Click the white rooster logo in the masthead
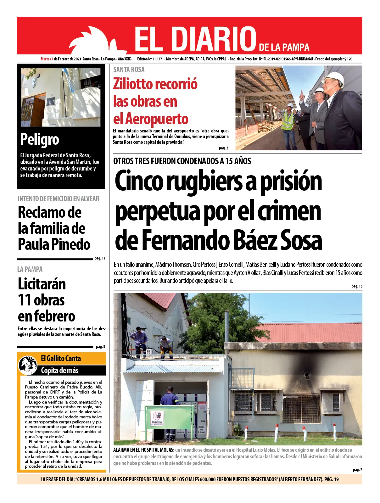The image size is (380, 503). (x=94, y=41)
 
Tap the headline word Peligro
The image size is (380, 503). (x=40, y=139)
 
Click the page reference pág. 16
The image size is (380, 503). (x=357, y=286)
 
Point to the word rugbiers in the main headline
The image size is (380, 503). (x=204, y=181)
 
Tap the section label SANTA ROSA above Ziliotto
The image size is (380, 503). (x=129, y=70)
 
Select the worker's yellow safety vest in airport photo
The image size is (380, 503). (x=287, y=121)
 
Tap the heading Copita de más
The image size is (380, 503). (x=60, y=371)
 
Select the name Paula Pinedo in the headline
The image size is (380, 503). (x=54, y=244)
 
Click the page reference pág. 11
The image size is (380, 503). (x=100, y=258)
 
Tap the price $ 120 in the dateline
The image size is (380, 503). (x=348, y=59)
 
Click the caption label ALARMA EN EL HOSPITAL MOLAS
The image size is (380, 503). (x=144, y=450)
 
